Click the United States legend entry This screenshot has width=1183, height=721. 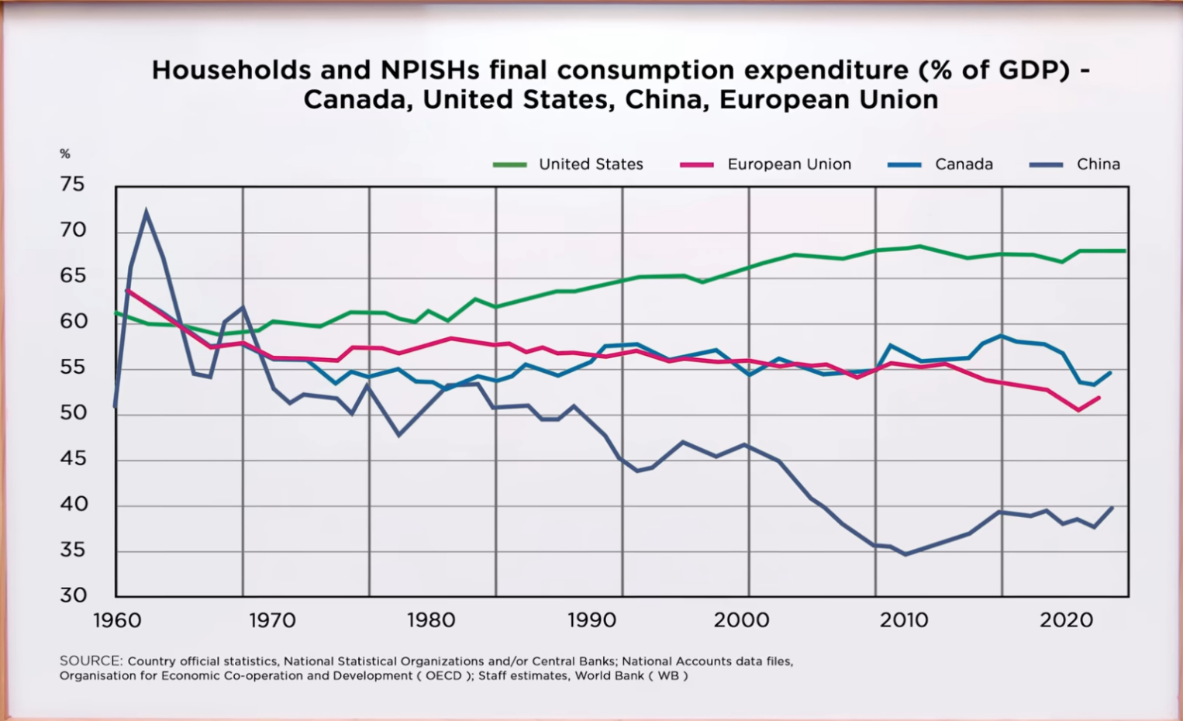(590, 164)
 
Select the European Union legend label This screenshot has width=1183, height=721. (788, 164)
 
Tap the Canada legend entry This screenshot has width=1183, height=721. (963, 164)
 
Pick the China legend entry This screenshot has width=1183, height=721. (1098, 164)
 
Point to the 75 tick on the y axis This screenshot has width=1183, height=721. (72, 185)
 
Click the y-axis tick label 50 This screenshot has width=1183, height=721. (72, 413)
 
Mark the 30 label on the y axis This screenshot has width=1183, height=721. (72, 595)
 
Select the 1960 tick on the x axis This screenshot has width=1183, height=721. (117, 621)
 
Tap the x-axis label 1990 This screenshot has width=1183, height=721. (591, 621)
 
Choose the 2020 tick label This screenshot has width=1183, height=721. (1066, 621)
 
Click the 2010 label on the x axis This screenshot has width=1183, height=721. (903, 621)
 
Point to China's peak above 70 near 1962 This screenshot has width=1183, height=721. (146, 212)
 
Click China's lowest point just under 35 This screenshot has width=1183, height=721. (905, 554)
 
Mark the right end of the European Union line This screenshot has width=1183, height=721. (1099, 398)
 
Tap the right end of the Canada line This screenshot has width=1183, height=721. (1111, 372)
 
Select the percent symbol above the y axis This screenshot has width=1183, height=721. (65, 154)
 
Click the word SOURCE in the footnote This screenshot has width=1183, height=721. (91, 661)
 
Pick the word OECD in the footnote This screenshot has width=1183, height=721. (443, 675)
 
